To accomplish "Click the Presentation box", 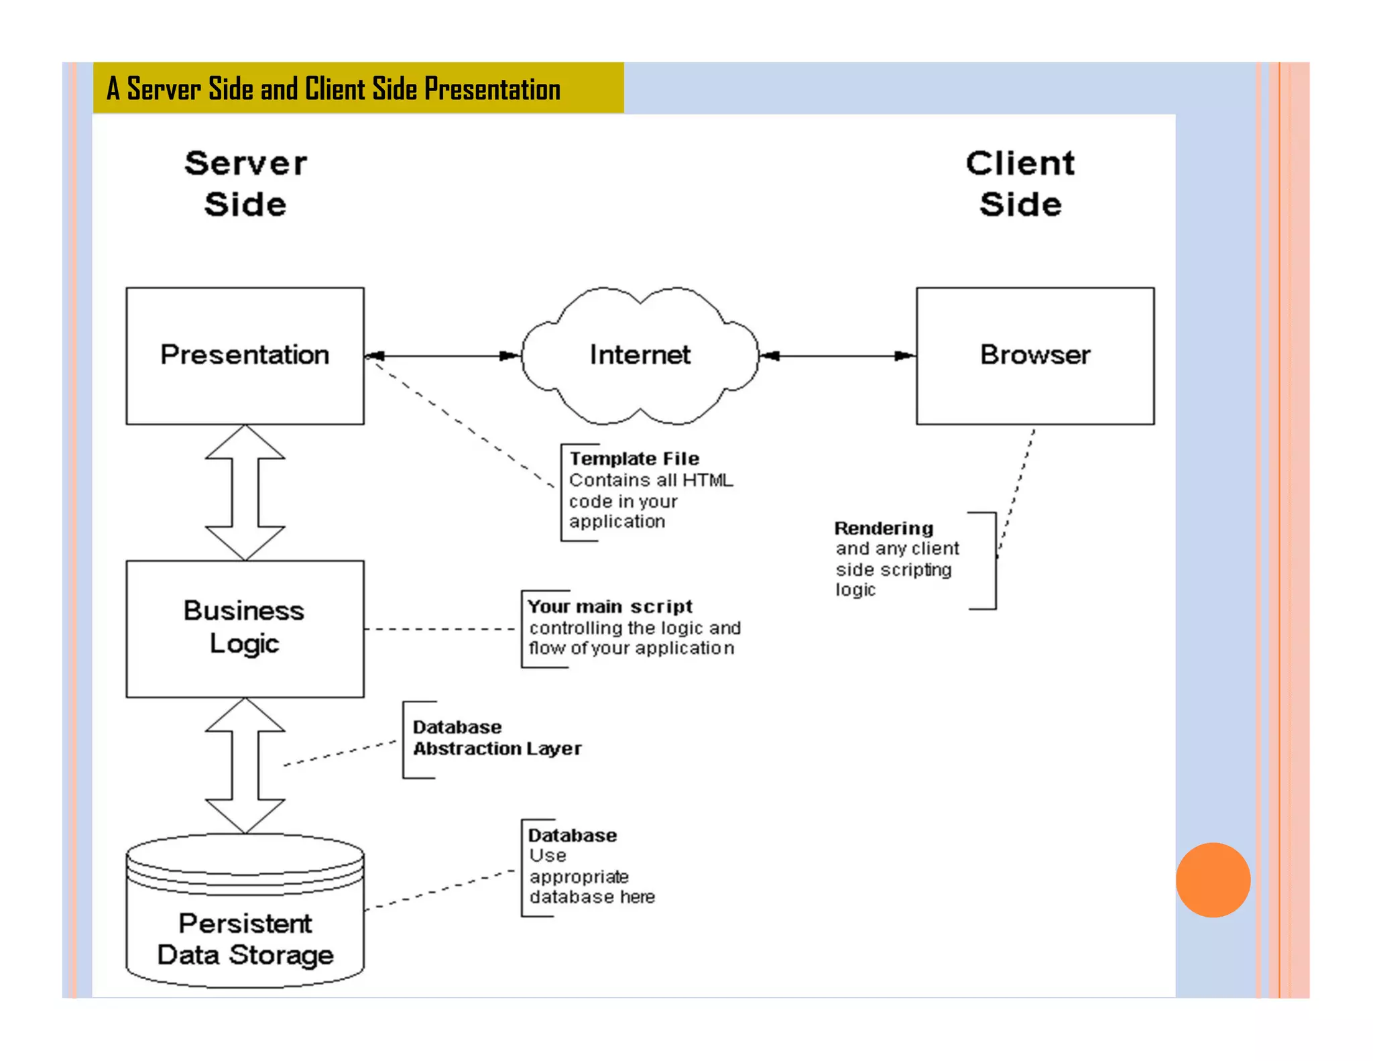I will (x=245, y=355).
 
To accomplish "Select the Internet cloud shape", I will (x=640, y=355).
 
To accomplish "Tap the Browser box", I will (x=1034, y=355).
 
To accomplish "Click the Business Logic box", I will (x=245, y=628).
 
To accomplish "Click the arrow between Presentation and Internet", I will (x=442, y=355).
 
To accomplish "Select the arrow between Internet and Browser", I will (x=838, y=355).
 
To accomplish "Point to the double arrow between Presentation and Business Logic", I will (x=245, y=493).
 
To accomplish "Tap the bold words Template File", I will (x=634, y=459).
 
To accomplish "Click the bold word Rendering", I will (x=884, y=528).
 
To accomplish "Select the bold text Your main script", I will (x=609, y=606).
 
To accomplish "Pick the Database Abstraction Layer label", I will (x=497, y=738).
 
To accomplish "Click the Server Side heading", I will (x=245, y=183).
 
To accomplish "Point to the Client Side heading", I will (x=1020, y=183).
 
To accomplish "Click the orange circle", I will (x=1213, y=879).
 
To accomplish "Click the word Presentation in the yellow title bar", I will (x=492, y=89).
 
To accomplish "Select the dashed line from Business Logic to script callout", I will (x=439, y=629).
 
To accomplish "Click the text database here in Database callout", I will (x=591, y=897).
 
